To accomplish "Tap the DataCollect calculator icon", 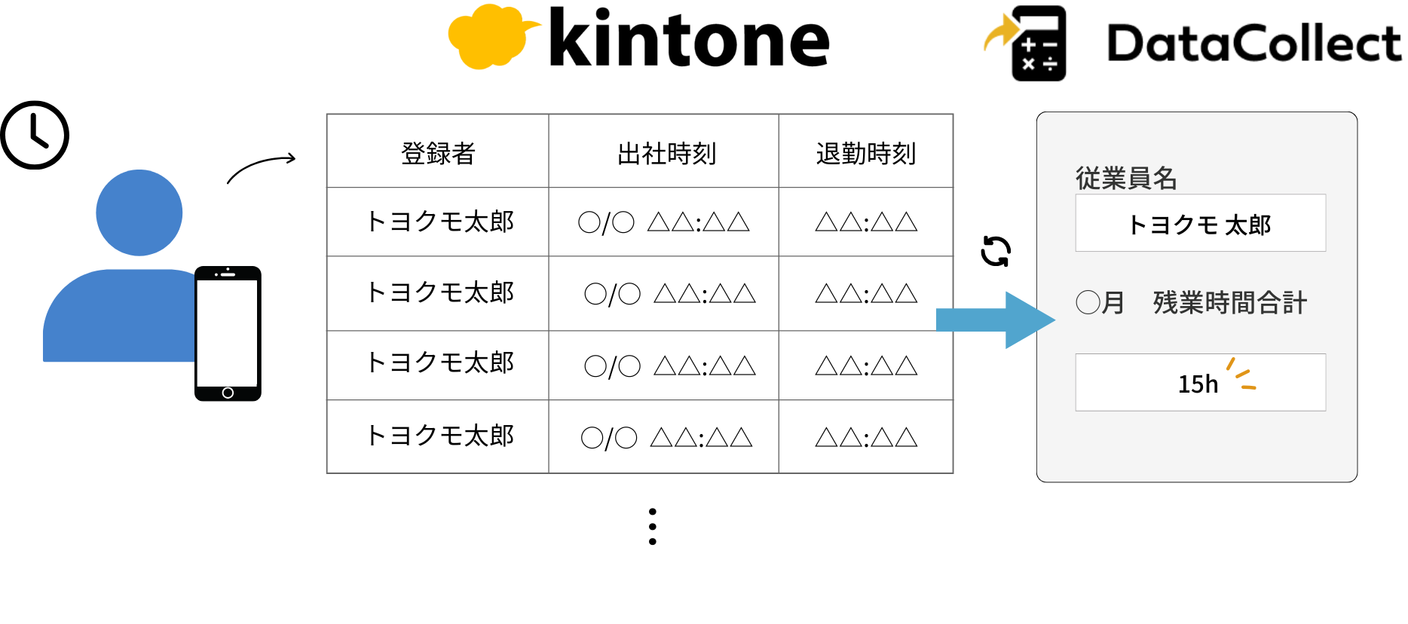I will point(1037,44).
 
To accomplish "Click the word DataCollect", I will point(1253,44).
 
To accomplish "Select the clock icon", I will point(35,135).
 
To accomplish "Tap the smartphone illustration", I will point(228,333).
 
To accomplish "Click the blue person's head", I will point(139,213).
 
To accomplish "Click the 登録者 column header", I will point(438,153).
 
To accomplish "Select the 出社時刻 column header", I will point(666,153).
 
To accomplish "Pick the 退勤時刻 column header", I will point(865,153).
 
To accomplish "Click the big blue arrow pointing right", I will point(995,320).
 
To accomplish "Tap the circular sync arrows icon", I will point(996,251).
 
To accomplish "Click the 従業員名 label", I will point(1125,178).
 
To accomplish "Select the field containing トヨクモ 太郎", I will point(1200,224).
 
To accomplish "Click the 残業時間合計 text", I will point(1229,303).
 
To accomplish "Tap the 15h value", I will point(1198,384).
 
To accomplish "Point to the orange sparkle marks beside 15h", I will point(1241,375).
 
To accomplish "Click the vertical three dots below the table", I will point(653,526).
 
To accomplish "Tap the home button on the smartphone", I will point(228,393).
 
